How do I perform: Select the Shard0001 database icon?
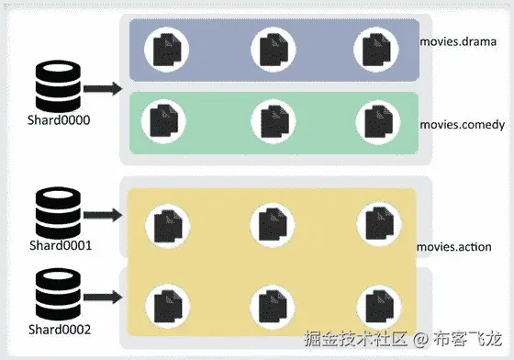click(57, 215)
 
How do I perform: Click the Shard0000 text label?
click(57, 121)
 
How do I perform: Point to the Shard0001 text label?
click(59, 246)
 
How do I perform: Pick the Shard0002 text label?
click(59, 328)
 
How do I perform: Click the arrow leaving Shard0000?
click(102, 89)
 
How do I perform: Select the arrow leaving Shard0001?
click(102, 215)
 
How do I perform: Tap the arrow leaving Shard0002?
click(102, 296)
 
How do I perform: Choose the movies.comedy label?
click(462, 125)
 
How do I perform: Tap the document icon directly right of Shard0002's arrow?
click(166, 302)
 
